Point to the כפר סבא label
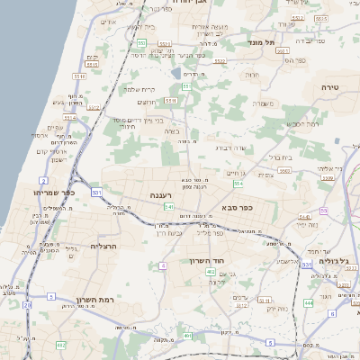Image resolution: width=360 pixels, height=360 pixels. coord(235,208)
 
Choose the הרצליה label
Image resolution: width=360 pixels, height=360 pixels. coord(104,245)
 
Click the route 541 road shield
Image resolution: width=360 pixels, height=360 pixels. coord(168,208)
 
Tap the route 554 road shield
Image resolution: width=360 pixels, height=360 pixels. coord(238,184)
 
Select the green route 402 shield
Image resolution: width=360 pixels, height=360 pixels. coord(210,271)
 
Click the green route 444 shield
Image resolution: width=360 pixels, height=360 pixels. coord(309,303)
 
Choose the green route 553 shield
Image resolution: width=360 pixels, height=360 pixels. coord(142,42)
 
